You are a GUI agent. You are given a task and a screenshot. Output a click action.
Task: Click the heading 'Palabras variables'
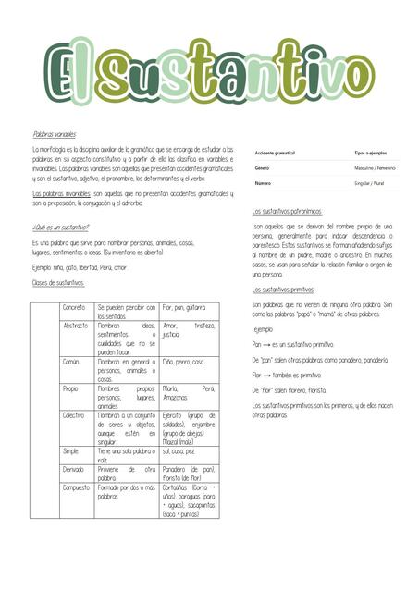[54, 134]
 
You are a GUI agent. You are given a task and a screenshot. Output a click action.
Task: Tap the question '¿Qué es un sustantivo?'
[61, 227]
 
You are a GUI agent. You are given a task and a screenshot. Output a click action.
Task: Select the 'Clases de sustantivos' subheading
[58, 282]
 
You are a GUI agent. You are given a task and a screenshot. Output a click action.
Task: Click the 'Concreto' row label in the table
[74, 307]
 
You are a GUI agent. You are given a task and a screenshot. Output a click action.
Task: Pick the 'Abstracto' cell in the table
[76, 326]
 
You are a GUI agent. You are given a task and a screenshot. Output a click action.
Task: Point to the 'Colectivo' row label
[75, 416]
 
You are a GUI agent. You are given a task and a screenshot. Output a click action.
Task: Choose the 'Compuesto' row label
[78, 487]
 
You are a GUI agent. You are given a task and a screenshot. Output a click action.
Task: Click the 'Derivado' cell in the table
[75, 469]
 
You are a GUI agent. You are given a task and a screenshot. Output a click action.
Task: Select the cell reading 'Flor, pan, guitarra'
[184, 307]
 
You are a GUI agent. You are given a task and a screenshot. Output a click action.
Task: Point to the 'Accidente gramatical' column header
[275, 152]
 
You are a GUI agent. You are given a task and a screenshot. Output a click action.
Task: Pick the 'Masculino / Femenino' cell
[375, 168]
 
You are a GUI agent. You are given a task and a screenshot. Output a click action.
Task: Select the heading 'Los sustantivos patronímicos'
[287, 211]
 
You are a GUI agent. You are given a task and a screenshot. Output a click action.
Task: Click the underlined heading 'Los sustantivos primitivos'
[282, 290]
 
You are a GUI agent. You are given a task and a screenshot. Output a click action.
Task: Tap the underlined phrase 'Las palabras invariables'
[61, 193]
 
